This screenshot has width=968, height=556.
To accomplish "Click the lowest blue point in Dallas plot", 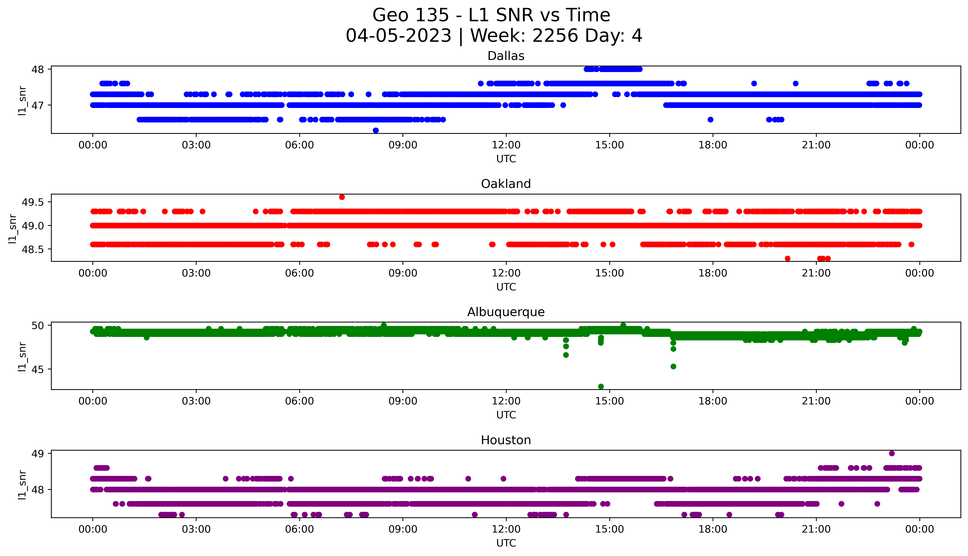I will (x=376, y=131).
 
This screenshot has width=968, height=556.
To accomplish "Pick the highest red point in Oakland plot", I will (x=342, y=197).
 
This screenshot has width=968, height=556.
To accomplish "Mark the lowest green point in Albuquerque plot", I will (x=601, y=386).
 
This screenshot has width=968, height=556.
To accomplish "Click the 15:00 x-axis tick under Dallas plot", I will (x=610, y=145).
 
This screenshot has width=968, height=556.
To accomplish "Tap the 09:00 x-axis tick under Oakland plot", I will (x=403, y=273).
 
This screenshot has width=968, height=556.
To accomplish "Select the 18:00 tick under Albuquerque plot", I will (x=713, y=401).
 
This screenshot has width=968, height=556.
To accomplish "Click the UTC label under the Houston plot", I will (x=506, y=543).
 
